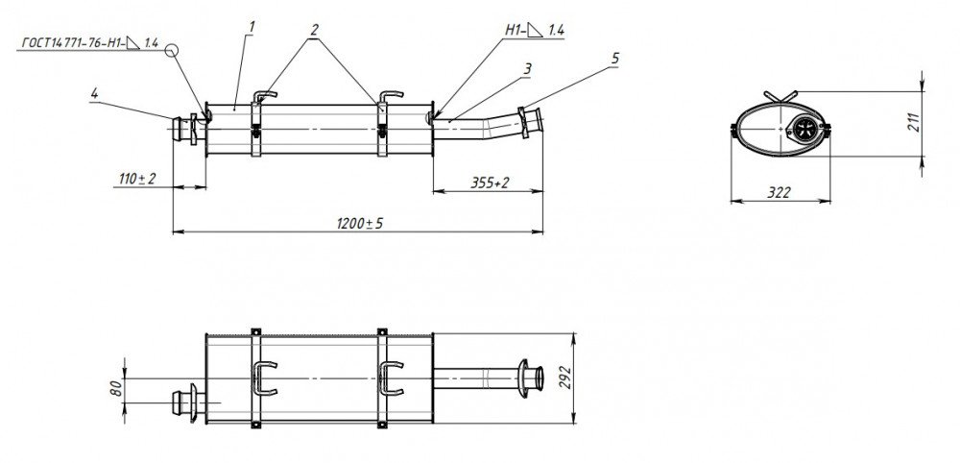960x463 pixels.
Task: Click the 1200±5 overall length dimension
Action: (360, 224)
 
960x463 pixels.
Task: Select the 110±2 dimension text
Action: (137, 179)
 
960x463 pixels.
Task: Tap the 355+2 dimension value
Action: (490, 183)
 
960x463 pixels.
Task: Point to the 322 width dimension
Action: (779, 193)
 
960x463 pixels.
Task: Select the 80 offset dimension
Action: (116, 387)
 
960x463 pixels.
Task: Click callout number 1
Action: (252, 27)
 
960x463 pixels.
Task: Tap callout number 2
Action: (315, 30)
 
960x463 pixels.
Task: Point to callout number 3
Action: (527, 69)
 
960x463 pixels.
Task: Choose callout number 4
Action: (94, 94)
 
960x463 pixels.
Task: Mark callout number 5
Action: (614, 59)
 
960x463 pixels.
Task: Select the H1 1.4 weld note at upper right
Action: (535, 30)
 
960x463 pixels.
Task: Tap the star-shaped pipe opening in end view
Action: (802, 129)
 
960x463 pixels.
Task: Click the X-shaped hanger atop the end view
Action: (780, 97)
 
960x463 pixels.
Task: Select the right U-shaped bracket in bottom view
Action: (391, 378)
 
